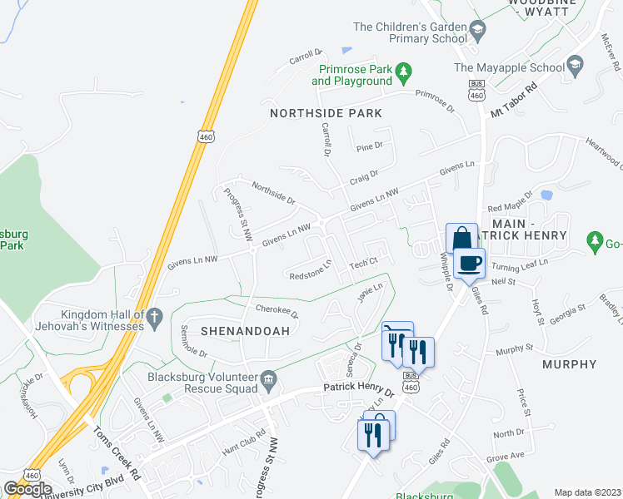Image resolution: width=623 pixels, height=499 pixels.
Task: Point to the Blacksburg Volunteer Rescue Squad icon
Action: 268,380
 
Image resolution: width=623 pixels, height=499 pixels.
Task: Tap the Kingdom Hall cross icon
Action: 153,316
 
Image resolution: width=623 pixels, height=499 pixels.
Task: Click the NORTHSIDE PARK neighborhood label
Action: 326,113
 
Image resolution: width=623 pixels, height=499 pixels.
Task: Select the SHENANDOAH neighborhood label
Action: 233,331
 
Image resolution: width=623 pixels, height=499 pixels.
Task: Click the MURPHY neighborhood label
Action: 570,364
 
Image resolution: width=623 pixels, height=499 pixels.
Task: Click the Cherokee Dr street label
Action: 277,311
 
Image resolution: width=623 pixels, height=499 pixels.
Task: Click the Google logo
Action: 27,489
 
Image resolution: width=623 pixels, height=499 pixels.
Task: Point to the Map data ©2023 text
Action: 587,492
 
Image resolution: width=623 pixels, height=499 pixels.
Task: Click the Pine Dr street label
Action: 368,146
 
